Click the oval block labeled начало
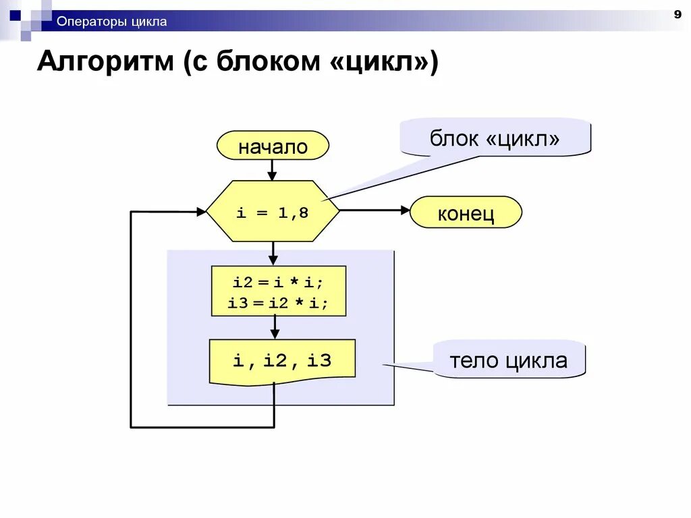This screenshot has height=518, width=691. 273,146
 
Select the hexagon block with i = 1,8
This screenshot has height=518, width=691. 273,212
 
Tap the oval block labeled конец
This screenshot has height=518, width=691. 466,214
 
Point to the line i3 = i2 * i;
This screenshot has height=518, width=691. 278,303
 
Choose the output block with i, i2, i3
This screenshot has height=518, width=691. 282,361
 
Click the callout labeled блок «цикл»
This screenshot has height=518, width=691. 495,139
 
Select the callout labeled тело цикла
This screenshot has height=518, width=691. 508,360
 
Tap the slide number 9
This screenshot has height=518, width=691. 677,14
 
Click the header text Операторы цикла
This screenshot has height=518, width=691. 111,22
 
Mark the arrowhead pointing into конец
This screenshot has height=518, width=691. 405,210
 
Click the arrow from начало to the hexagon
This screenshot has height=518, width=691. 273,170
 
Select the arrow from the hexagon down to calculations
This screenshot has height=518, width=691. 273,253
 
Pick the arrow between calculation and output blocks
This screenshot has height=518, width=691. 275,328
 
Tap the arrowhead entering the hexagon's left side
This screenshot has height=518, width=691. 201,212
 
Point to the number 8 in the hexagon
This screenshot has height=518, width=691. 303,212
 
